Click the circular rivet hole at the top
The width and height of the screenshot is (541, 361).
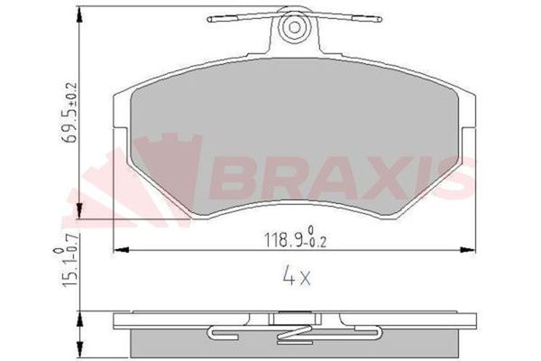[293, 29]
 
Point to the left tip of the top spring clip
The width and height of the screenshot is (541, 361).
[210, 19]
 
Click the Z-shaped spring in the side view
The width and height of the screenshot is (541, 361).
[293, 333]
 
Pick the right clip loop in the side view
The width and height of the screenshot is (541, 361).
[371, 332]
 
